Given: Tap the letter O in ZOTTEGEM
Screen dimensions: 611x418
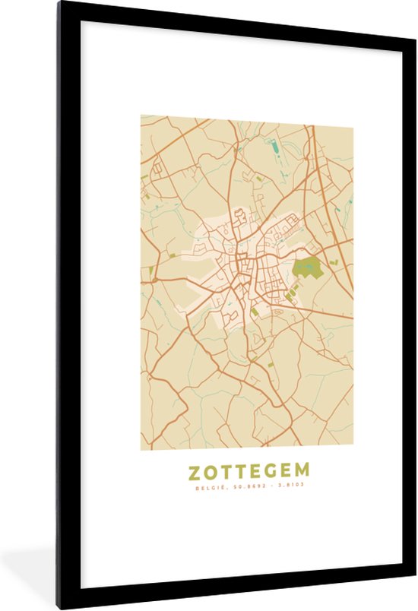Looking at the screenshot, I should point(212,472).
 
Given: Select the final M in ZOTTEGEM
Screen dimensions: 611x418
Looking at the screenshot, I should point(302,472).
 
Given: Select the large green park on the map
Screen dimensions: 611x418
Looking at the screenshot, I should point(306,268).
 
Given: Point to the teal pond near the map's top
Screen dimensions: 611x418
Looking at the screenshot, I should point(271,144).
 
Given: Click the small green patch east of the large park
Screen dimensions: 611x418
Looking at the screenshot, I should point(334,263).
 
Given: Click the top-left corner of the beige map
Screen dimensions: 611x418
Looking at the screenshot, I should point(141,116).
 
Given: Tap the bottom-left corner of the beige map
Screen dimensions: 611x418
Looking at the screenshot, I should point(141,448).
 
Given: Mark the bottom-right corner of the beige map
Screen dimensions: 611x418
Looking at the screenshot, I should point(353,448).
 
